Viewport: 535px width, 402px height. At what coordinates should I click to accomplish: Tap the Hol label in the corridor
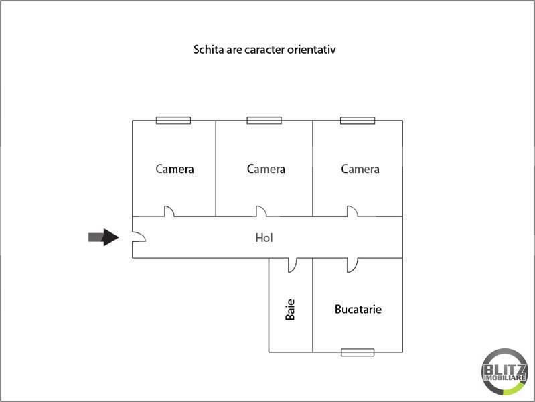click(x=264, y=237)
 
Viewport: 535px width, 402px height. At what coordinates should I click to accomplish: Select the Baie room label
click(x=290, y=309)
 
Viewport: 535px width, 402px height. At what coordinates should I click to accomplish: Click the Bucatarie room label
click(x=358, y=310)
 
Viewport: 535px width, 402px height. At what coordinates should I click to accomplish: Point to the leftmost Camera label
click(x=175, y=169)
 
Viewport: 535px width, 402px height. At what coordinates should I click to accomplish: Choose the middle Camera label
click(x=266, y=169)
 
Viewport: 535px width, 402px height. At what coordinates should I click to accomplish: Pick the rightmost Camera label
click(x=360, y=169)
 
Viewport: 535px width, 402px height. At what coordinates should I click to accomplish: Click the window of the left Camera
click(x=173, y=121)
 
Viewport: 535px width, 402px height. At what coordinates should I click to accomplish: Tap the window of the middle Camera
click(x=264, y=121)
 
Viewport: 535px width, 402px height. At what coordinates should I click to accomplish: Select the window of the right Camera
click(x=358, y=121)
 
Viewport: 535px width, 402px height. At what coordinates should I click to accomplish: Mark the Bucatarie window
click(x=357, y=352)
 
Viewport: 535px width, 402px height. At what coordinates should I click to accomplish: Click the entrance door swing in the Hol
click(x=138, y=237)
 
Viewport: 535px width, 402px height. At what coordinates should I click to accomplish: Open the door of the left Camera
click(x=169, y=211)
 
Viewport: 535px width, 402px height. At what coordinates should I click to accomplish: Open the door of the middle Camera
click(x=260, y=211)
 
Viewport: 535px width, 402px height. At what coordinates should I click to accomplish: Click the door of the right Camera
click(x=352, y=211)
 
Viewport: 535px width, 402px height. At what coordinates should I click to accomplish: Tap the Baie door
click(x=293, y=265)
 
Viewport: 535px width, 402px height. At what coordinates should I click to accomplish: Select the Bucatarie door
click(x=352, y=265)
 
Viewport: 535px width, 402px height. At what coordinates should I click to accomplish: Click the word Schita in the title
click(x=208, y=50)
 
